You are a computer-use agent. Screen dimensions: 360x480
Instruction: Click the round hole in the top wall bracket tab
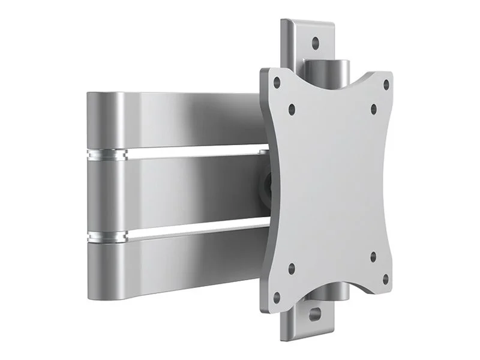[315, 43]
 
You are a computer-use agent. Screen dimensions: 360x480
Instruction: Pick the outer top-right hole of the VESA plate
[385, 85]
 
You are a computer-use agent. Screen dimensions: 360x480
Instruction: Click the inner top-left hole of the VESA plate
[292, 110]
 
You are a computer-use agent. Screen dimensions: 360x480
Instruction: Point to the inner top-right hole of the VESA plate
[373, 109]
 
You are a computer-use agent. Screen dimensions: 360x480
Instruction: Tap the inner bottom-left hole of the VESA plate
[292, 268]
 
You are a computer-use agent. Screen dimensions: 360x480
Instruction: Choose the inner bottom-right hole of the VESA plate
[373, 257]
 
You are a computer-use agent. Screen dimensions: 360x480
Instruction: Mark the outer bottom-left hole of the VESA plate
[277, 296]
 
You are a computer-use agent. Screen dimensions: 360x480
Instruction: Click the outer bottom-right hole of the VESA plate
[385, 279]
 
